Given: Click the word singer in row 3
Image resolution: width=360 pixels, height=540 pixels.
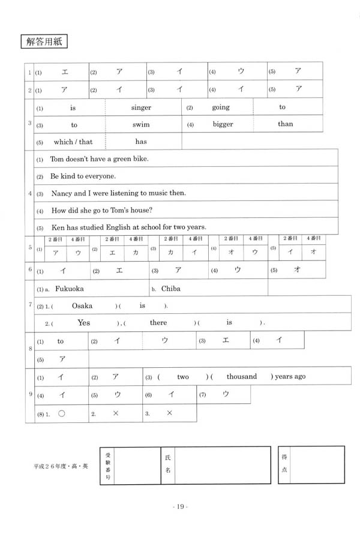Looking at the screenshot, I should (141, 108).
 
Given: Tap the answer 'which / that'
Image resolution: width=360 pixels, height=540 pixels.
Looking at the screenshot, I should (73, 142).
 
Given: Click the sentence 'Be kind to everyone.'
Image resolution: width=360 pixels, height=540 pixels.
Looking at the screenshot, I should (83, 176).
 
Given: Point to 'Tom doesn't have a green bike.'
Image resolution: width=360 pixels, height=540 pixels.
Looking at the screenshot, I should (99, 159).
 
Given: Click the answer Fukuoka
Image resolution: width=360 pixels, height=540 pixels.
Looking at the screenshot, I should (72, 289).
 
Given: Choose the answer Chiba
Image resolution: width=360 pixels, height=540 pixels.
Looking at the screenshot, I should (170, 289).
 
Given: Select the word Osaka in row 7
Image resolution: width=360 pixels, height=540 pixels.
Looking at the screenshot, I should (82, 305).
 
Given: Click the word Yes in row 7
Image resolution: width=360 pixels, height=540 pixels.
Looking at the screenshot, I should (84, 323).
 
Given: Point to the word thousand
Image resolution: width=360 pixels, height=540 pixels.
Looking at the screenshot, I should (242, 377).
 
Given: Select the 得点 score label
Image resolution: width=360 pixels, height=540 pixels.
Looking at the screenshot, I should (284, 463).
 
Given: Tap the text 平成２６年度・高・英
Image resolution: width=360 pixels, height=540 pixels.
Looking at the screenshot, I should (61, 466).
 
